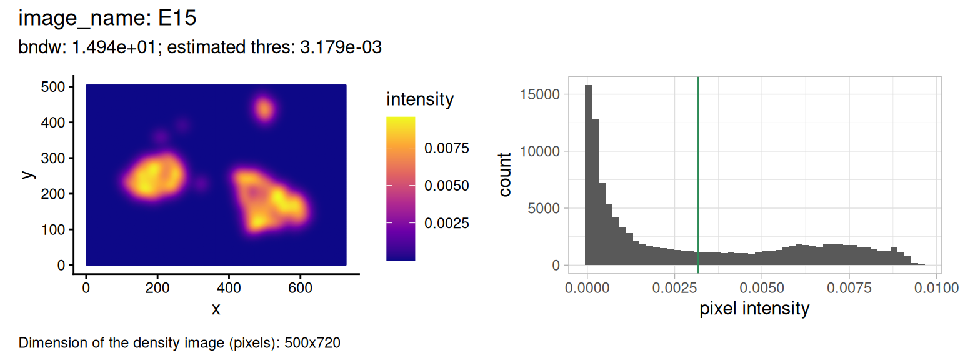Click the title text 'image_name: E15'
click(x=107, y=19)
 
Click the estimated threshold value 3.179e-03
click(x=341, y=48)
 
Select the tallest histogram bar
click(x=588, y=175)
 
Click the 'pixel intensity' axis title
click(x=754, y=308)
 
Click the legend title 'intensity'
click(x=420, y=99)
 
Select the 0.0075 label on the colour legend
click(x=447, y=149)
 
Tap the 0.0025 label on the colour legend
click(x=447, y=223)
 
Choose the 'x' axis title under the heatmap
click(x=216, y=309)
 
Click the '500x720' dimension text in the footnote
click(x=312, y=343)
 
